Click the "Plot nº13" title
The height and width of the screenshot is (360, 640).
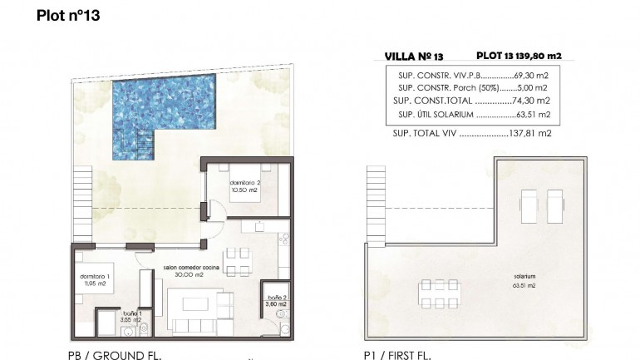point(68,17)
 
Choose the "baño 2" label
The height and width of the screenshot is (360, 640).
point(277,300)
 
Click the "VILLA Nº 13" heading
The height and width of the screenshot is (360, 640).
point(415,57)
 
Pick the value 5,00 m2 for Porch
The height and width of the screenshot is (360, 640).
point(534,87)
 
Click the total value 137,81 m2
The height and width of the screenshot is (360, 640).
point(531,132)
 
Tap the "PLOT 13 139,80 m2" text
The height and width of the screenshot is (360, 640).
point(519,56)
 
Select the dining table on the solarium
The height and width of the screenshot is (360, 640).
point(434,293)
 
